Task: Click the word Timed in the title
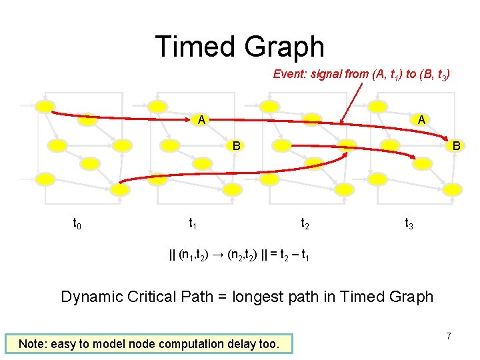(x=195, y=47)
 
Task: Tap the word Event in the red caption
(x=289, y=75)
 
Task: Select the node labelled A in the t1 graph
(x=200, y=120)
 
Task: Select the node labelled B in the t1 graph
(x=235, y=145)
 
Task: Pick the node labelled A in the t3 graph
(x=421, y=120)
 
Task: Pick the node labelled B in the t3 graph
(x=455, y=145)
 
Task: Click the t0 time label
(x=77, y=224)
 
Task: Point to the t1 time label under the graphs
(x=192, y=224)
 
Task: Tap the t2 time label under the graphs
(x=305, y=224)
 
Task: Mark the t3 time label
(x=409, y=224)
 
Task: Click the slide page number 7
(x=449, y=337)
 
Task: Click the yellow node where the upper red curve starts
(x=45, y=107)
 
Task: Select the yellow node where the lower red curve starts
(x=119, y=189)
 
